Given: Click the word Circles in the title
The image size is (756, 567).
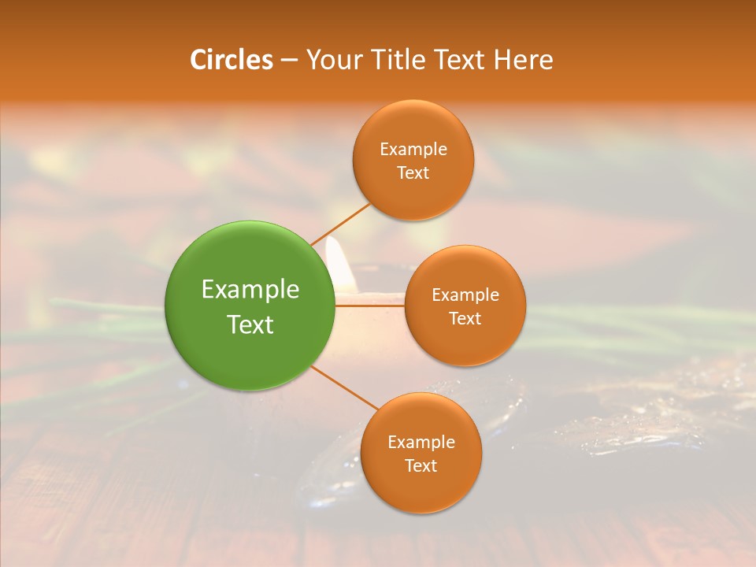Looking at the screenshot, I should tap(231, 60).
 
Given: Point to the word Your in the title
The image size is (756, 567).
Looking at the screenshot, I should tap(333, 60).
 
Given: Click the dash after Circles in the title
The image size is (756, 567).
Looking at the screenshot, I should tap(288, 61).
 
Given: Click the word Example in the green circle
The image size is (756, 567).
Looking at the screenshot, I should tap(250, 290).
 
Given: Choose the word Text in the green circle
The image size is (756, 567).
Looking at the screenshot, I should tap(250, 324).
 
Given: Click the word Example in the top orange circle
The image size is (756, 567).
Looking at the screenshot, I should tap(413, 150).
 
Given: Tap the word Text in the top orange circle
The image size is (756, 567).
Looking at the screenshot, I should tap(413, 173).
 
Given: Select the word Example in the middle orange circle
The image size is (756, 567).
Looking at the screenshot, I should tap(465, 295).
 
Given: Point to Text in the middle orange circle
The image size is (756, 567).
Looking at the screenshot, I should tap(465, 319).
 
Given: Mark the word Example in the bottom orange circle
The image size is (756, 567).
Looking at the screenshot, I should tap(421, 443).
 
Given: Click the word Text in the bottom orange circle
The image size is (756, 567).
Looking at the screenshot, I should tap(421, 466).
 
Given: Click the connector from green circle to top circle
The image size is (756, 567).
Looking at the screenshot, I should tap(341, 224).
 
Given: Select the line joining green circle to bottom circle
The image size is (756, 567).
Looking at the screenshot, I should tap(345, 388).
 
